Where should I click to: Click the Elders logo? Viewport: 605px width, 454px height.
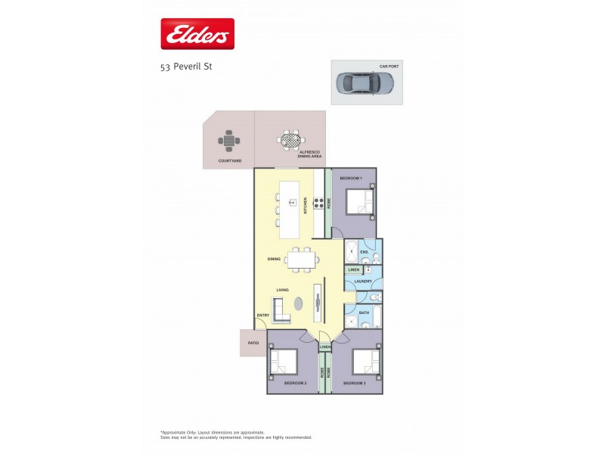click(197, 34)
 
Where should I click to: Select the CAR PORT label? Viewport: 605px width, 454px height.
click(389, 67)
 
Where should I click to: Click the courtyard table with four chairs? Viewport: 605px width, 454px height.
click(229, 140)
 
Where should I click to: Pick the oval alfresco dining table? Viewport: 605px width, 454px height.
click(290, 140)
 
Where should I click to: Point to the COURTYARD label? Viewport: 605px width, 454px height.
click(229, 160)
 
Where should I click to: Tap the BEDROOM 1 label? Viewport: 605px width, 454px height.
click(351, 178)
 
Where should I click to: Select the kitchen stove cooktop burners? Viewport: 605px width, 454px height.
click(319, 202)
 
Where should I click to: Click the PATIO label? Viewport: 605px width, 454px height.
click(253, 343)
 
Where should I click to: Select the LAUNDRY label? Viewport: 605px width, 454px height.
click(363, 281)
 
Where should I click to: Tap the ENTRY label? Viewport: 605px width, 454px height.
click(262, 316)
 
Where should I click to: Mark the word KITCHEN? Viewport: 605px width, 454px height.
click(305, 205)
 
